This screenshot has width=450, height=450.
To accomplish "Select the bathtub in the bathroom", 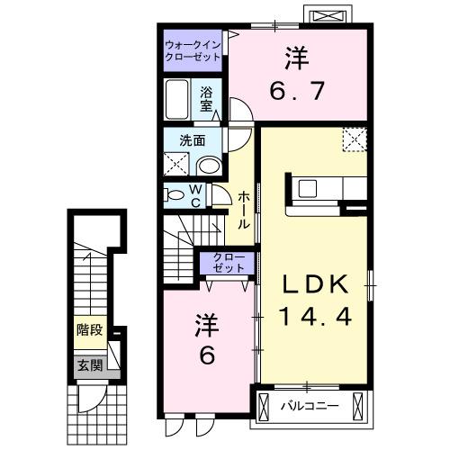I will point(177,99).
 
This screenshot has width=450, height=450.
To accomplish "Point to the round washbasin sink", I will point(209,165).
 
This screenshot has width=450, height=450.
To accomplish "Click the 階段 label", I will point(89,329).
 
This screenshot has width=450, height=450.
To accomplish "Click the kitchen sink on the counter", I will point(308,189).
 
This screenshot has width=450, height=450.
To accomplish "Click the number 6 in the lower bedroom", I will point(205,356).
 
